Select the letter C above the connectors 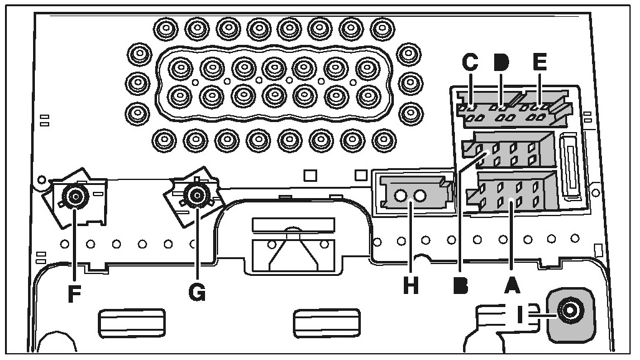[470, 62]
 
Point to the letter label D [501, 62]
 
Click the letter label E [540, 62]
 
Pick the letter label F [75, 293]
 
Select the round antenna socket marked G [198, 196]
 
